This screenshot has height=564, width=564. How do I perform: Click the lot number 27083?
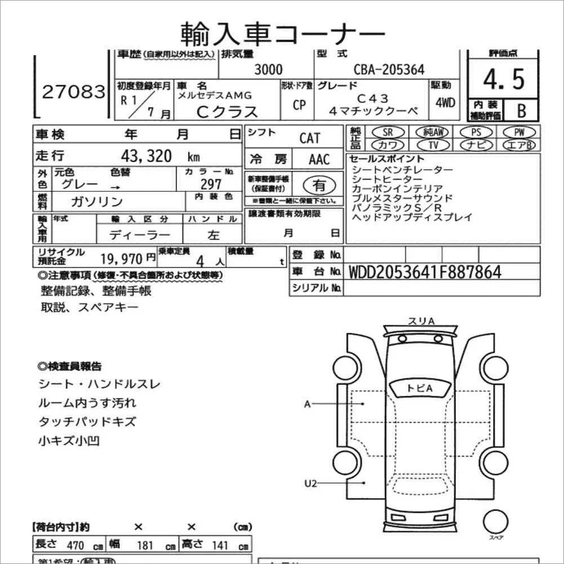pyautogui.click(x=74, y=92)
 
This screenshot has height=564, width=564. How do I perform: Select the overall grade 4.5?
pyautogui.click(x=504, y=80)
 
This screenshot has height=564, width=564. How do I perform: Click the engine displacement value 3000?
pyautogui.click(x=268, y=70)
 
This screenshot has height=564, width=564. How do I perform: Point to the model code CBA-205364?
pyautogui.click(x=388, y=70)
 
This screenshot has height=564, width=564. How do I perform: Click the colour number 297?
pyautogui.click(x=211, y=183)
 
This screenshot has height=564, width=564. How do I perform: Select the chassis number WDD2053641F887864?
pyautogui.click(x=425, y=272)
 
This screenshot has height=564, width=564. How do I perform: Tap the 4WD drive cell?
pyautogui.click(x=445, y=103)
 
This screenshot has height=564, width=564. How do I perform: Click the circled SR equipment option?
pyautogui.click(x=387, y=132)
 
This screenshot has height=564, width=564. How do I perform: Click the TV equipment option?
pyautogui.click(x=433, y=145)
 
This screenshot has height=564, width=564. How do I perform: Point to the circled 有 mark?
pyautogui.click(x=319, y=184)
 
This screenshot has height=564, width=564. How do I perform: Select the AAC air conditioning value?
pyautogui.click(x=319, y=159)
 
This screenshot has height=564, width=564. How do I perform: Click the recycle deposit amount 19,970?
pyautogui.click(x=123, y=258)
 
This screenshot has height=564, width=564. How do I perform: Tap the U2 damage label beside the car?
pyautogui.click(x=311, y=482)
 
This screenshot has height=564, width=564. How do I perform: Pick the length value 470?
pyautogui.click(x=75, y=545)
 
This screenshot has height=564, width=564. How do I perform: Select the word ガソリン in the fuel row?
pyautogui.click(x=97, y=202)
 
